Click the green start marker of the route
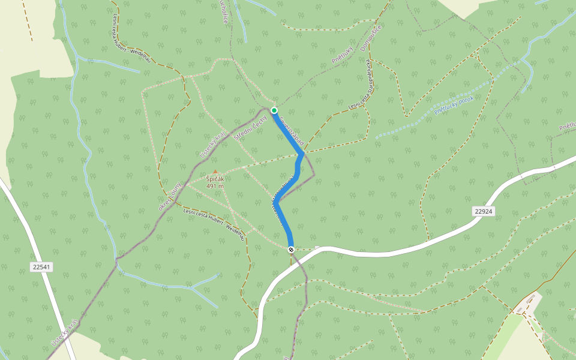tap(274, 110)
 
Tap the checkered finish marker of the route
tap(291, 249)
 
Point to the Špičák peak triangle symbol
tap(215, 172)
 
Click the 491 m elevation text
tap(215, 186)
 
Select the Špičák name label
tap(215, 179)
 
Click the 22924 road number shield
tap(483, 211)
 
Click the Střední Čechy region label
tap(250, 127)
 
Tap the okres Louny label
tap(170, 197)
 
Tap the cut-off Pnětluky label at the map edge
tap(568, 127)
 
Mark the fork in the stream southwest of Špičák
tap(192, 287)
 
